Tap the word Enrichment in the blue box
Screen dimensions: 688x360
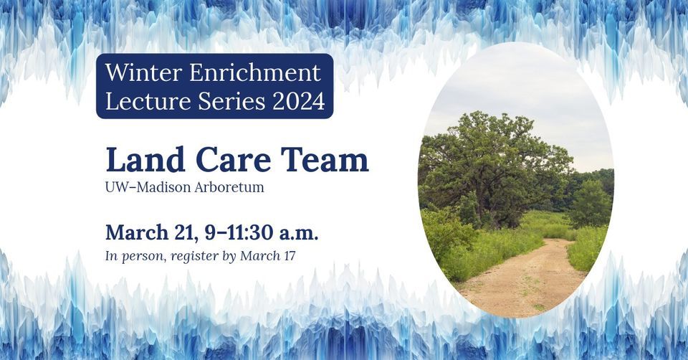point(255,72)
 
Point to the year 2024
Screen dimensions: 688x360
point(299,101)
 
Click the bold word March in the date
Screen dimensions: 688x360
point(137,232)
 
